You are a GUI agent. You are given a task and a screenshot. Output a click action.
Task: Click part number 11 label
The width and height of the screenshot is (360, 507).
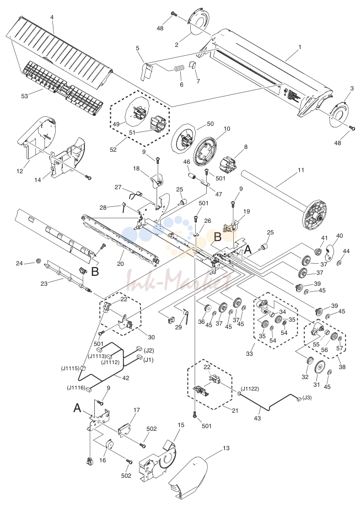click(301, 170)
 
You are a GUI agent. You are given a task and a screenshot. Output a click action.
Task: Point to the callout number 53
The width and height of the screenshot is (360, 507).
click(25, 95)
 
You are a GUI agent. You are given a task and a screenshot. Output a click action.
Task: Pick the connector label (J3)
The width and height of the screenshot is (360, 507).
click(307, 397)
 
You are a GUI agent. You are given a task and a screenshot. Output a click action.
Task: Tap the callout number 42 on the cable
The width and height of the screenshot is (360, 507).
click(125, 378)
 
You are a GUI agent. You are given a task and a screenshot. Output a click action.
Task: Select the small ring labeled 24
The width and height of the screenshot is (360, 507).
click(38, 260)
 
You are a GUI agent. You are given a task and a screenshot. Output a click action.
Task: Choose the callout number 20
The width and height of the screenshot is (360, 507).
click(120, 264)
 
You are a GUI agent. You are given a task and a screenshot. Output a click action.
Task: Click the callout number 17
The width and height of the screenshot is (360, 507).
click(136, 410)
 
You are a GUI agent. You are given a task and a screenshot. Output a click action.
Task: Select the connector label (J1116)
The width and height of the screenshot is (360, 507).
click(76, 387)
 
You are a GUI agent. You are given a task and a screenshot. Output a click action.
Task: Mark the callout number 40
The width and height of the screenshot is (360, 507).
click(340, 236)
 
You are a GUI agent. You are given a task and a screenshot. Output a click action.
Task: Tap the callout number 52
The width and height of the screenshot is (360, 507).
click(114, 150)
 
